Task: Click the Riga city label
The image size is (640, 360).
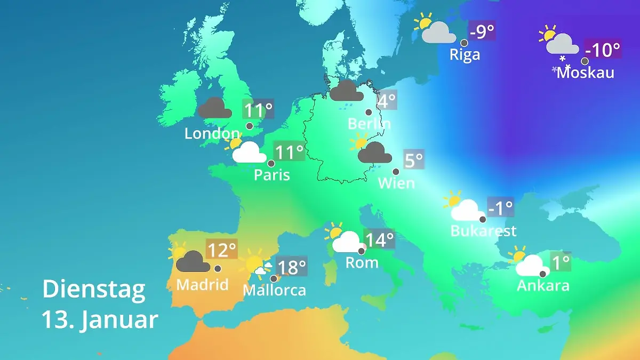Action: [x=465, y=54]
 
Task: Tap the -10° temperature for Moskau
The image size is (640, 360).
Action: [x=603, y=50]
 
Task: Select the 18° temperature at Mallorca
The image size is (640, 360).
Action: [x=292, y=265]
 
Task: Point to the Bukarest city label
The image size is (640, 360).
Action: [x=483, y=231]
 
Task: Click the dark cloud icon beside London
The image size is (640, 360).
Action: [x=215, y=108]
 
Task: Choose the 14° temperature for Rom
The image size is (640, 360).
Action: [x=379, y=240]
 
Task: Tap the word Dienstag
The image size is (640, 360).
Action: [x=94, y=289]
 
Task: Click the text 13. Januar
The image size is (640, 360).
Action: [x=100, y=320]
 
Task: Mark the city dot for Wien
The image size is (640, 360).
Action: [x=396, y=172]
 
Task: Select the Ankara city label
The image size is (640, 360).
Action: [x=543, y=285]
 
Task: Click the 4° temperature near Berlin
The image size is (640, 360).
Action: [x=387, y=100]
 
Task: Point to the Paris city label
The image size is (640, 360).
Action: [x=272, y=174]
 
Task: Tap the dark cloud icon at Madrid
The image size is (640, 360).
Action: [x=192, y=261]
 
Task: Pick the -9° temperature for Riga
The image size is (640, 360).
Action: [x=482, y=31]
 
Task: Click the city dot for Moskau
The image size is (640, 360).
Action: [x=585, y=61]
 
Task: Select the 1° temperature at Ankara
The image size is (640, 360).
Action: [x=560, y=262]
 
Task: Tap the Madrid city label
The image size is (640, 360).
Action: [x=202, y=284]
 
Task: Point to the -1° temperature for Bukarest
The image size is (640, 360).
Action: [x=500, y=208]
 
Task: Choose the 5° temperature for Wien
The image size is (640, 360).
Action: [x=414, y=160]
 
